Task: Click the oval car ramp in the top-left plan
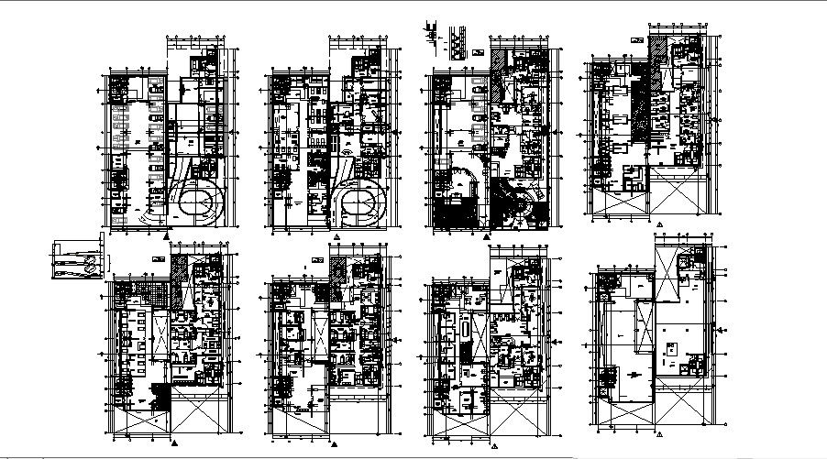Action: tap(196, 201)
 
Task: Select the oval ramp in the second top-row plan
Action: tap(361, 201)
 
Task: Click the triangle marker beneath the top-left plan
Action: tap(165, 236)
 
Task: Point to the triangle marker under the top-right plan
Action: tap(657, 223)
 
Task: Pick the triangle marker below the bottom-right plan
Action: tap(657, 432)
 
